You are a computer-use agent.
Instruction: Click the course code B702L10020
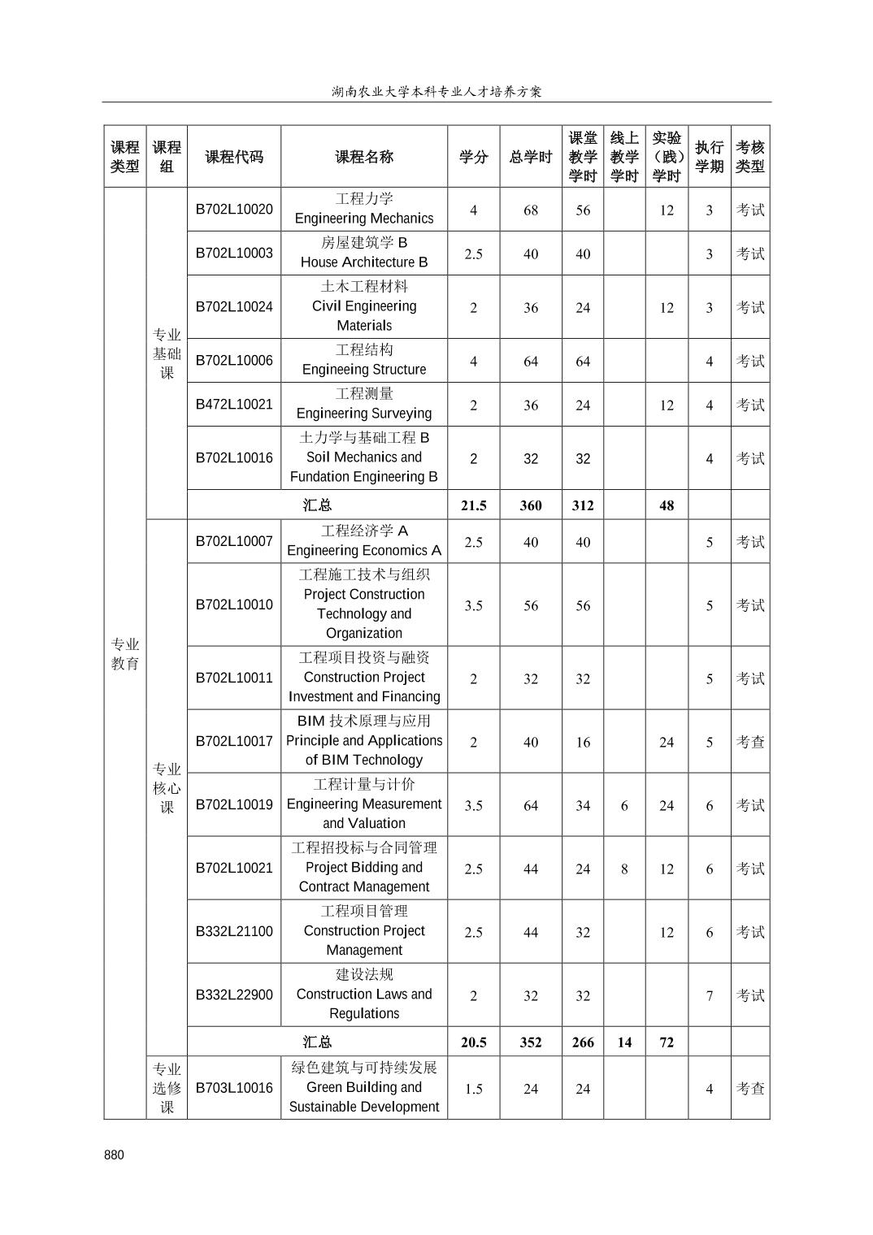[x=234, y=210]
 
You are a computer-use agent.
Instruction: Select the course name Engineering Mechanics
[x=363, y=219]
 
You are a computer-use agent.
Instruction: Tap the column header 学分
[x=473, y=157]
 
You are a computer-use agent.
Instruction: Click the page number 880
[x=115, y=1155]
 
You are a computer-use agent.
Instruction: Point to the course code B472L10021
[x=234, y=405]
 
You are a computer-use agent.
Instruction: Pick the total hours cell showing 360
[x=530, y=505]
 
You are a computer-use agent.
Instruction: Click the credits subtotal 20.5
[x=473, y=1042]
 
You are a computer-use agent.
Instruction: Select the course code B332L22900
[x=234, y=995]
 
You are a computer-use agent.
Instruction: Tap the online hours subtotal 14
[x=623, y=1042]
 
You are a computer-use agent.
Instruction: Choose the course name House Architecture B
[x=363, y=262]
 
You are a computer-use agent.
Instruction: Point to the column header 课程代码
[x=234, y=157]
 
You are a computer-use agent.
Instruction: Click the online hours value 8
[x=623, y=869]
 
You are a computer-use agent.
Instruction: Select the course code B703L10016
[x=234, y=1089]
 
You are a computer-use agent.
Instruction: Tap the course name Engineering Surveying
[x=363, y=414]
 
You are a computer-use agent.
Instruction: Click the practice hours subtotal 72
[x=666, y=1042]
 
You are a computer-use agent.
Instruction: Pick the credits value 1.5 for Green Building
[x=473, y=1090]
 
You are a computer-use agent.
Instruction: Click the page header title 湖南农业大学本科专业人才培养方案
[x=436, y=92]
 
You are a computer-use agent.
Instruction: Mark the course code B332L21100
[x=234, y=932]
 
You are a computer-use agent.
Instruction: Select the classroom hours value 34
[x=582, y=806]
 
